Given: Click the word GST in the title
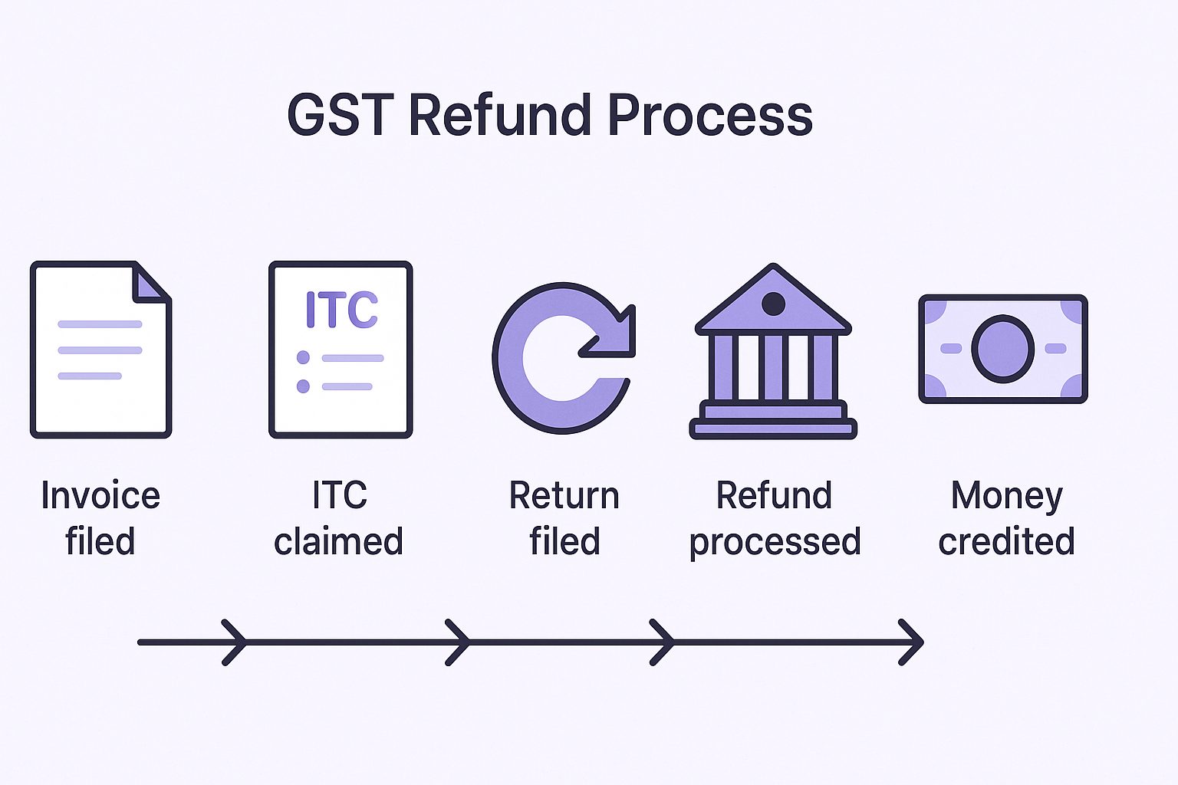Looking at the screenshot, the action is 341,115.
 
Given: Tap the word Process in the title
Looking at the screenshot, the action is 710,115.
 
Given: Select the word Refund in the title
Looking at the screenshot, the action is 500,115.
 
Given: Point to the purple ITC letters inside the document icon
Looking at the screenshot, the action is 342,309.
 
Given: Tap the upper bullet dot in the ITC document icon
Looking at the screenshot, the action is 303,357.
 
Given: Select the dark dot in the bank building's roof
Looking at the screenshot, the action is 773,304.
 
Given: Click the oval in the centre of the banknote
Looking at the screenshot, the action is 1003,349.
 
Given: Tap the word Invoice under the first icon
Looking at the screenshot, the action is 100,495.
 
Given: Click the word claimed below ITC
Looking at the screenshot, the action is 339,541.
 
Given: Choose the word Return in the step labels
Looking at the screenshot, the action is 564,495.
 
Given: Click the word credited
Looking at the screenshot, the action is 1006,541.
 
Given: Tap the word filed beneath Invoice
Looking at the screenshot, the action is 100,540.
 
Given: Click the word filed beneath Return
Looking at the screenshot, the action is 564,540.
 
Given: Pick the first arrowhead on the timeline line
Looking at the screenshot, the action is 234,642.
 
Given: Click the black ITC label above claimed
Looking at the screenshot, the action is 340,494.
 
